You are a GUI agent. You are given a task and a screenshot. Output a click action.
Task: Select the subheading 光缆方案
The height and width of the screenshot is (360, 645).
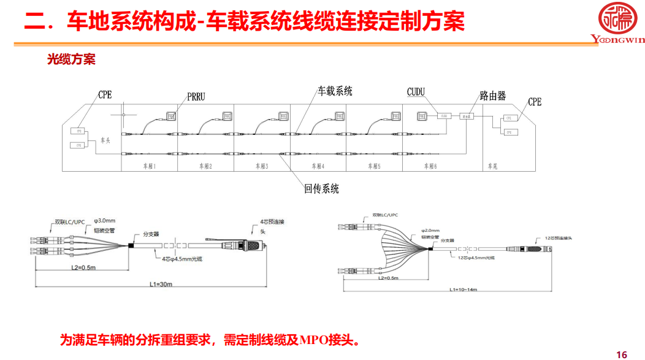point(72,60)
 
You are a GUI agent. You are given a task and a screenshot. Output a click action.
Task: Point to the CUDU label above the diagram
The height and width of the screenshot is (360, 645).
point(416,93)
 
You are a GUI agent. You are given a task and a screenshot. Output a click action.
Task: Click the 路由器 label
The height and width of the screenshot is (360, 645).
point(493,96)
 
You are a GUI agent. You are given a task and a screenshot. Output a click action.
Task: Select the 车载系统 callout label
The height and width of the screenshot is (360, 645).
point(335,91)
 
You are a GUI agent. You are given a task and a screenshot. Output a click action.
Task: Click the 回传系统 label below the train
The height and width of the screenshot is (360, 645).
point(321,189)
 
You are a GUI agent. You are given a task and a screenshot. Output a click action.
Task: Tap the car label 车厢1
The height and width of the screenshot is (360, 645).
point(150,166)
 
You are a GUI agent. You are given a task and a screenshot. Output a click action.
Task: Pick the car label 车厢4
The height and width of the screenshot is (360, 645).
point(318,166)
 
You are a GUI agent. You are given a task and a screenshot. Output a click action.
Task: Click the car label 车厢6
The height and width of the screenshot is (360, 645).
point(430,166)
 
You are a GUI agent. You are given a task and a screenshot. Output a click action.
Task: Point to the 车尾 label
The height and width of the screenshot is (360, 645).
point(492,166)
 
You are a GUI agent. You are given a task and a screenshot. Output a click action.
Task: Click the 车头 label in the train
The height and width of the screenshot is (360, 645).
point(105,140)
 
